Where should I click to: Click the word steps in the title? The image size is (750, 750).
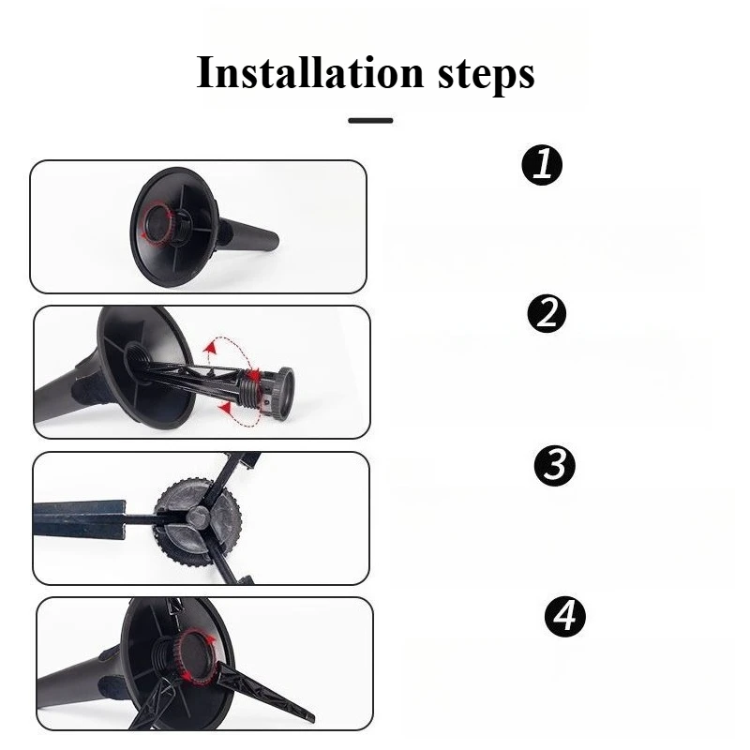point(486,76)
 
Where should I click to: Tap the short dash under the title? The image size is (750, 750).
point(370,121)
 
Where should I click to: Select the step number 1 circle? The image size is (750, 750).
point(542,165)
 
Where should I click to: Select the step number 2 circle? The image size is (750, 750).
point(547,314)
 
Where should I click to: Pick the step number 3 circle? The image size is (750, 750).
point(555,465)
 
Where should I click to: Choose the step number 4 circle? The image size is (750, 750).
point(565,616)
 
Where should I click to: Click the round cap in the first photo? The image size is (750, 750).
point(157,221)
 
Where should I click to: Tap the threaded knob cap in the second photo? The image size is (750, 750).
point(282,393)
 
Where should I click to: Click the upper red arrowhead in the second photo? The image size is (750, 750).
point(209,348)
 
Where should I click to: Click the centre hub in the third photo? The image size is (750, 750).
point(197,517)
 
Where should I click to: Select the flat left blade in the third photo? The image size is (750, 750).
point(80,519)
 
